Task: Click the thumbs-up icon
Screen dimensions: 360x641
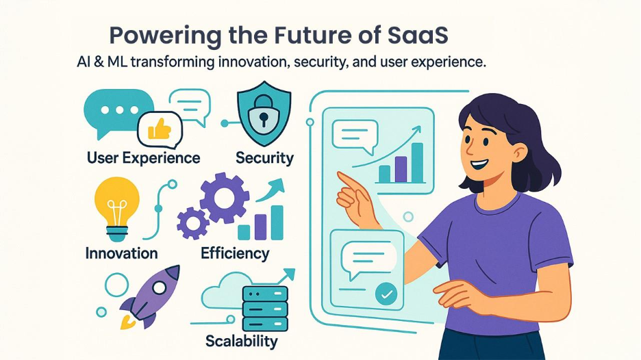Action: (160, 128)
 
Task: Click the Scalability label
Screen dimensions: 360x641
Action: (241, 341)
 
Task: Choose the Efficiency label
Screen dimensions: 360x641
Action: (235, 253)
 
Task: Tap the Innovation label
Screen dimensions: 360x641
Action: (121, 253)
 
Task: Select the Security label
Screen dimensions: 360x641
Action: (264, 158)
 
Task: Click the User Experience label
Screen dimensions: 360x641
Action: (144, 158)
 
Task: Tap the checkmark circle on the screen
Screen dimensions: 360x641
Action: (386, 294)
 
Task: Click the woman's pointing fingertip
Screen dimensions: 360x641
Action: (341, 177)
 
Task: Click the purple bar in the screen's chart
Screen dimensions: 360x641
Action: (401, 168)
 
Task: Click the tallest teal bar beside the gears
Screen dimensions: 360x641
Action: (277, 222)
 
